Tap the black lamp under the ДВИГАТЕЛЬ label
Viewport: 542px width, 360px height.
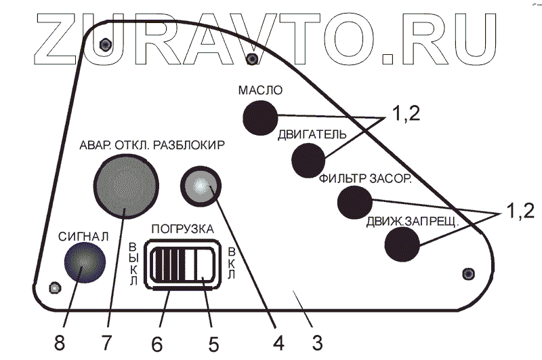coord(309,160)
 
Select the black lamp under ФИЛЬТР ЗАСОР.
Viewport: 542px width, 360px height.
coord(354,201)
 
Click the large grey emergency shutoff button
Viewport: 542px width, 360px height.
coord(127,184)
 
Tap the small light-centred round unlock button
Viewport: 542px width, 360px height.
coord(201,186)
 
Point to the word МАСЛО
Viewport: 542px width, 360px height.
coord(259,90)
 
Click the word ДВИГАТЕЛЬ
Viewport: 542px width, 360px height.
coord(312,134)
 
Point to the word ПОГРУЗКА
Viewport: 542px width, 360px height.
coord(183,228)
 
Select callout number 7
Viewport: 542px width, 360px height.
coord(106,340)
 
